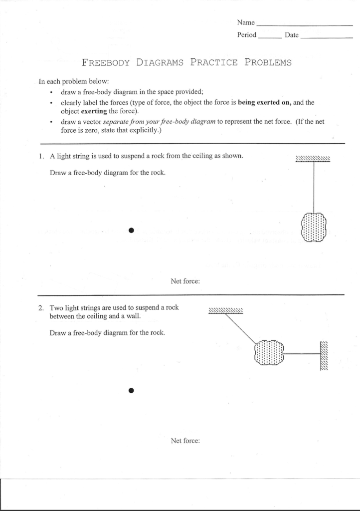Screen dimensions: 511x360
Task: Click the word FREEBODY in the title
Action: (x=106, y=63)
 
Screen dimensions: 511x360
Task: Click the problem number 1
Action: (x=42, y=156)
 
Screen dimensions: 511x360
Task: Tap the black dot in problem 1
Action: (x=132, y=230)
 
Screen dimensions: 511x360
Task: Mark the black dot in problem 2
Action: (x=132, y=390)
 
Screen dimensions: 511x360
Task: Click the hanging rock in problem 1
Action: (x=314, y=228)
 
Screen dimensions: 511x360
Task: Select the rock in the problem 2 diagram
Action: (x=269, y=353)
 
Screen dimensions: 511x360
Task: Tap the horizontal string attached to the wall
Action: (x=302, y=353)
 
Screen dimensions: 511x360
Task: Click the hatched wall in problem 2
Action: (x=324, y=355)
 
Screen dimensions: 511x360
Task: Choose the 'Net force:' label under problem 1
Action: (x=185, y=281)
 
